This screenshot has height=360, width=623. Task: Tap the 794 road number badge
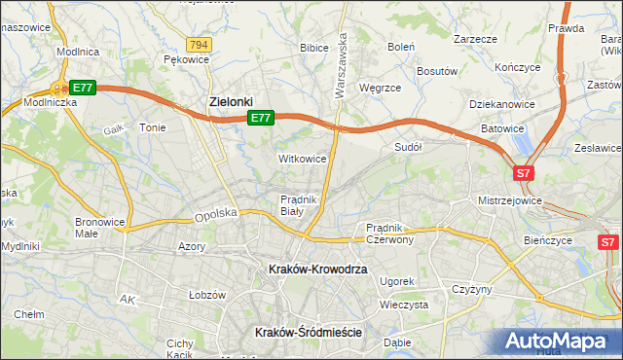point(200,45)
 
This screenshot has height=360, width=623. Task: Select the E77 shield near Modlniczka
point(83,88)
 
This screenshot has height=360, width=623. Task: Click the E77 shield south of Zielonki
point(260,118)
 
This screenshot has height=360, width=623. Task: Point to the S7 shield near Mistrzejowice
point(524,173)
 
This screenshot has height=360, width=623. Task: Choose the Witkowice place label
point(302,158)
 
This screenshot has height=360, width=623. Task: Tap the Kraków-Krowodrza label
point(317,269)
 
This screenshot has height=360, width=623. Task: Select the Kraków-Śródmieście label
point(308,332)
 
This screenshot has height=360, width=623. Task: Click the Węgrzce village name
point(380,88)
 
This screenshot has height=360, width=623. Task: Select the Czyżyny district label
point(471,290)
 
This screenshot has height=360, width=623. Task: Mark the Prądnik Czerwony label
point(389,234)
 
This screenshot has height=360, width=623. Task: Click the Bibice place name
point(313,47)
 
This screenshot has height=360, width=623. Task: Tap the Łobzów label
point(206,294)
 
